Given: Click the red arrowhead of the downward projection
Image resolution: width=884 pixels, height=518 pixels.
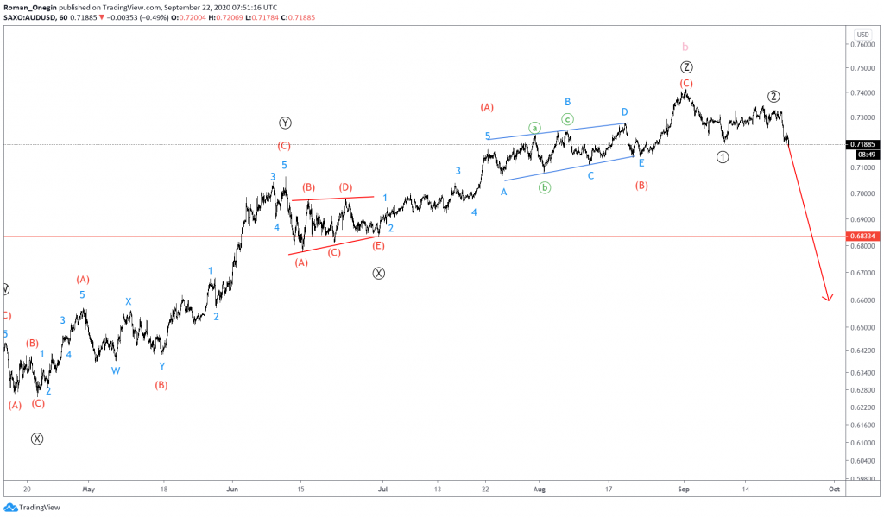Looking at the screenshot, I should tap(828, 298).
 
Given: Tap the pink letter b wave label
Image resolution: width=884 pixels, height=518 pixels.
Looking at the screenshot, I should tap(685, 46).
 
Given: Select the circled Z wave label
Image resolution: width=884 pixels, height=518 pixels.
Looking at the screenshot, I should tap(685, 67).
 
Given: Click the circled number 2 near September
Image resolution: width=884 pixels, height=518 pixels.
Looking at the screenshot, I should tap(774, 96).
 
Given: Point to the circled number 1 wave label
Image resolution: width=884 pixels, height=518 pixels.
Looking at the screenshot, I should tap(723, 157).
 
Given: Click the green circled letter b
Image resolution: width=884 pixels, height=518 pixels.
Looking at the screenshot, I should tap(545, 186).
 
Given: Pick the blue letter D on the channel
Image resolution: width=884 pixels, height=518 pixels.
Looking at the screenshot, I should tap(623, 112).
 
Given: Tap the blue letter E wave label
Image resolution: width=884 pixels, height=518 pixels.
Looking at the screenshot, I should tap(641, 163).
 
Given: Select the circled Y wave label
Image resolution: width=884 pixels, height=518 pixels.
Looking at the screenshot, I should tap(285, 123).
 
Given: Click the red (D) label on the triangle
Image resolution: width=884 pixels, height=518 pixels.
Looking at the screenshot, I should tap(345, 187).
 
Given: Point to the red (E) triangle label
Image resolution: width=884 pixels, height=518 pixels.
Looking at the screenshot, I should tap(378, 246).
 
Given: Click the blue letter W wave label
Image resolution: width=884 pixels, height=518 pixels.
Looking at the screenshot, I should tap(116, 370).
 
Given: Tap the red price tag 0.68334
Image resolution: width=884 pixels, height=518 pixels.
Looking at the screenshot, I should tap(866, 236).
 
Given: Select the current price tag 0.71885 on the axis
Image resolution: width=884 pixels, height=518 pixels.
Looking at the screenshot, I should tap(866, 144).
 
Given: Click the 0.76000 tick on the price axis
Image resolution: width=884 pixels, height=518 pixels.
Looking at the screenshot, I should tap(863, 45).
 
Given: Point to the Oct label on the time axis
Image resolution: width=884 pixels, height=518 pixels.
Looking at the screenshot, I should tap(834, 488).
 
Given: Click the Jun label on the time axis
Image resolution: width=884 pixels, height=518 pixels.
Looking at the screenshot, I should tap(231, 488).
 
